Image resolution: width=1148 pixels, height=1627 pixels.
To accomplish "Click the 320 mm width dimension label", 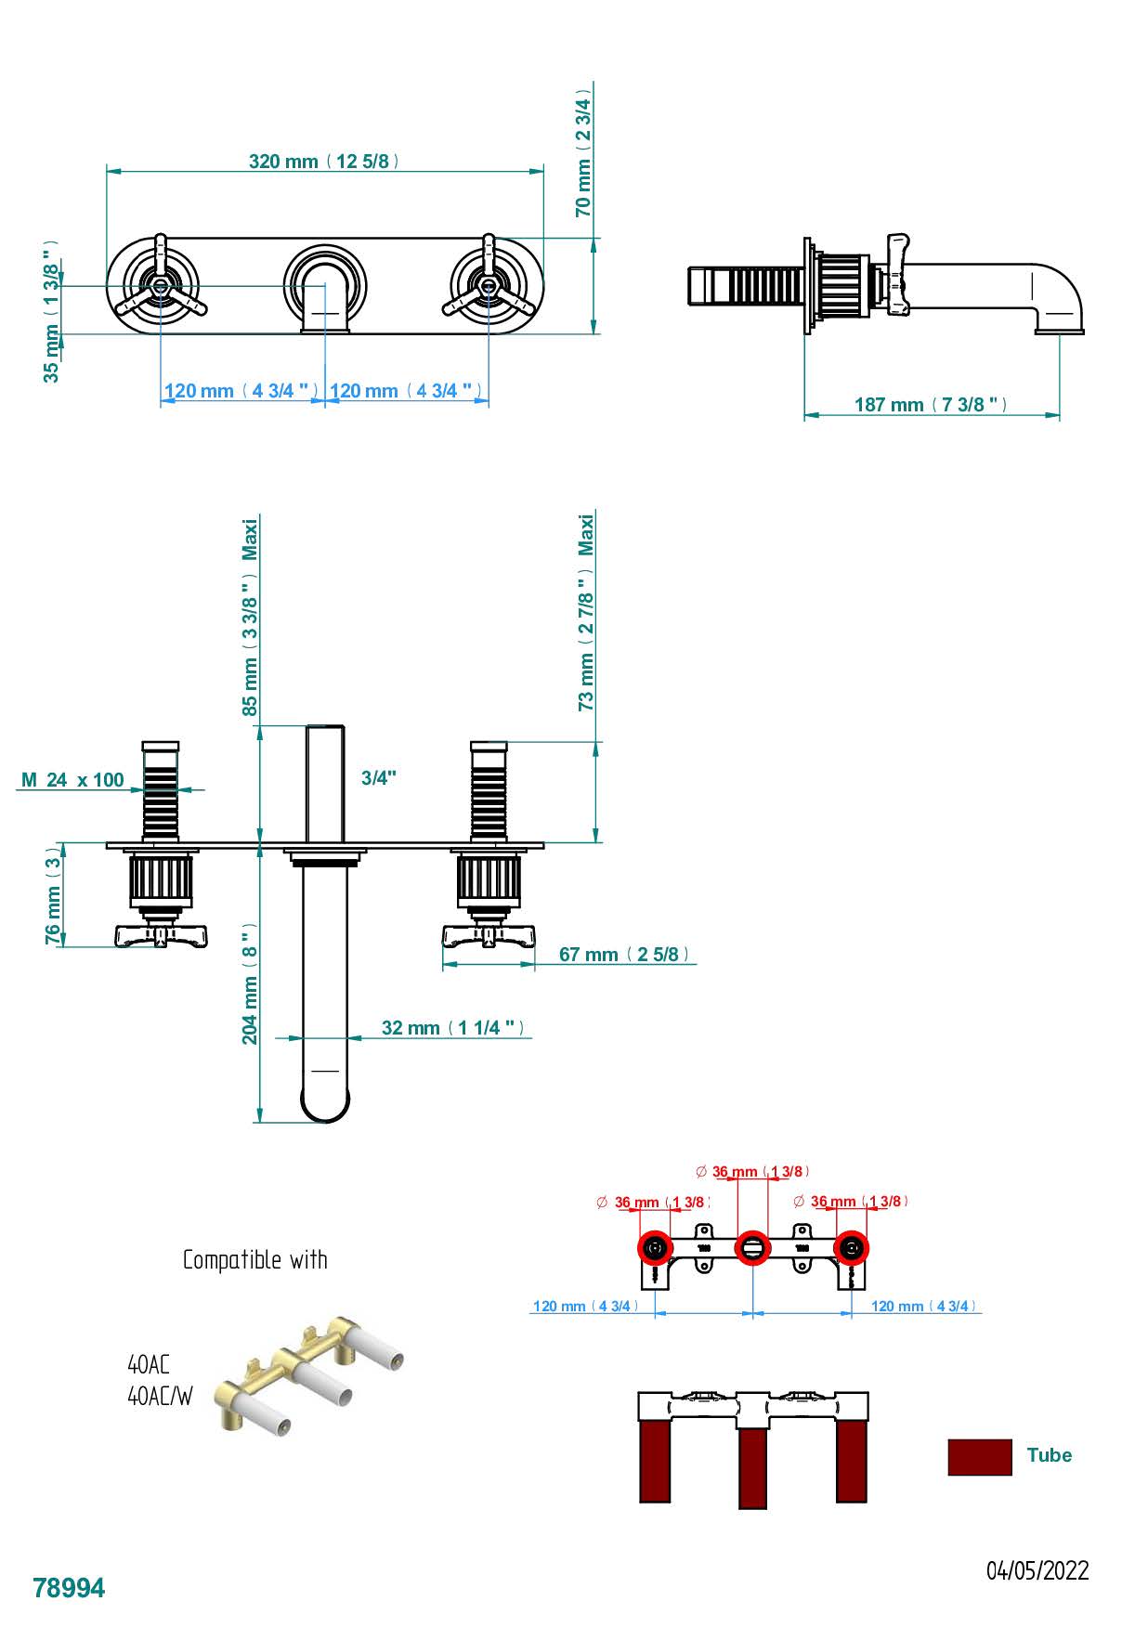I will click(324, 162).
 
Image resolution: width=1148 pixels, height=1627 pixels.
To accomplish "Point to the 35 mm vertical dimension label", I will click(51, 310).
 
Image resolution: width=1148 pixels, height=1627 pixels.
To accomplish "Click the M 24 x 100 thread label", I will click(72, 780).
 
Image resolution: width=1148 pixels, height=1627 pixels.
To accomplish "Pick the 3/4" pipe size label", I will click(379, 778).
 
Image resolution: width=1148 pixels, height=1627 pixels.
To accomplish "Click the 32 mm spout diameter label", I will click(453, 1028).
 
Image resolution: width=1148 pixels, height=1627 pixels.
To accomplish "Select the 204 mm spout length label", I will click(250, 983).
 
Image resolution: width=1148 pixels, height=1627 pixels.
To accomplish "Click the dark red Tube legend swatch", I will click(979, 1457).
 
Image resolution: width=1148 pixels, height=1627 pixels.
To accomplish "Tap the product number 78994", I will click(69, 1589).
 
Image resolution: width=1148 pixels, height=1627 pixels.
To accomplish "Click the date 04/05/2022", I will click(1037, 1571).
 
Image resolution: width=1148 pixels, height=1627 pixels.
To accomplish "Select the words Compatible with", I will click(254, 1260).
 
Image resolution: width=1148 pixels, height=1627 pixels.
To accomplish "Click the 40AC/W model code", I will click(160, 1397).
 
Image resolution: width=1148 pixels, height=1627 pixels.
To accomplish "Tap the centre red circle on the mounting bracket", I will click(752, 1248).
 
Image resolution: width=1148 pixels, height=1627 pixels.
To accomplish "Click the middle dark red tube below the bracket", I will click(752, 1467).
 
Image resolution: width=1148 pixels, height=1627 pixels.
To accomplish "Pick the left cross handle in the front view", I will click(160, 285).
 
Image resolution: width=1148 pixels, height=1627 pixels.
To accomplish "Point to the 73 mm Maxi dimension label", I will click(586, 613).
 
